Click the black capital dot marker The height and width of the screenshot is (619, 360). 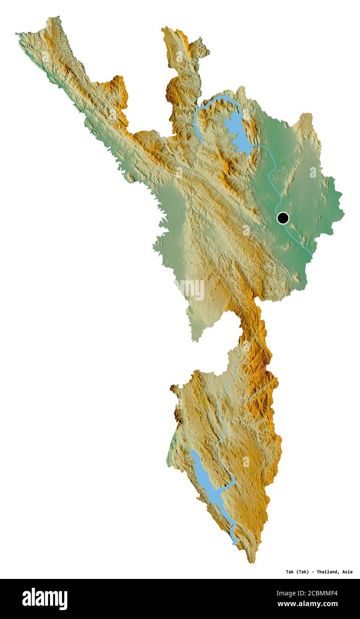(x=282, y=218)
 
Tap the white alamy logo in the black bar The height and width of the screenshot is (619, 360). (x=45, y=599)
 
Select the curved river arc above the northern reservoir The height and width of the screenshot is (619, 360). (x=214, y=101)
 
